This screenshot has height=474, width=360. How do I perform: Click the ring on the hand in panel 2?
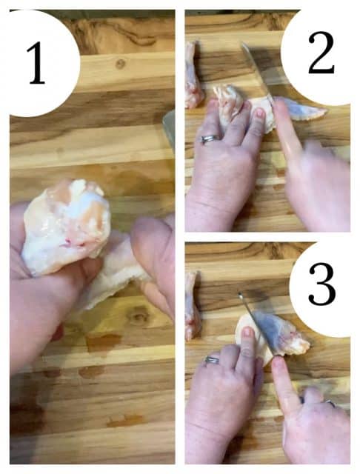[x=209, y=138]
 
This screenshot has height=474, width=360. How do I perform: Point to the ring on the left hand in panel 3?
[x=213, y=361]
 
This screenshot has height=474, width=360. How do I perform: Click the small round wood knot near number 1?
[x=120, y=64]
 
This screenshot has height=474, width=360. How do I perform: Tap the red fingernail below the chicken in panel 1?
[x=57, y=333]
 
